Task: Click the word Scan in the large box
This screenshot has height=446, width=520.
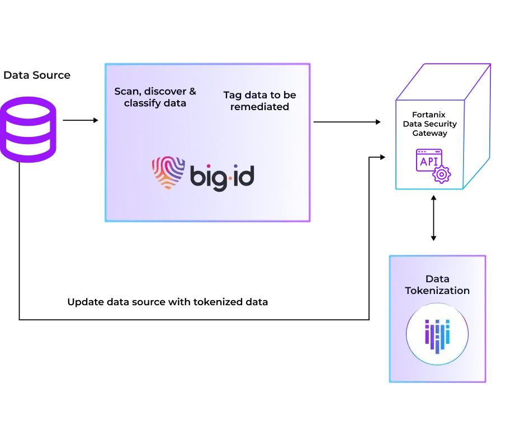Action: pyautogui.click(x=125, y=92)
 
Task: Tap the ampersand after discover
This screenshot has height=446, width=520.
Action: pyautogui.click(x=192, y=92)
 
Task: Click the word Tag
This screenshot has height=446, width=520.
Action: pyautogui.click(x=232, y=95)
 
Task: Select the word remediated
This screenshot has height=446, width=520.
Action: pyautogui.click(x=260, y=107)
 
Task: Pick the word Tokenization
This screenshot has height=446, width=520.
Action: pyautogui.click(x=437, y=291)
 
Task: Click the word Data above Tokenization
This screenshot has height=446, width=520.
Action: pyautogui.click(x=437, y=278)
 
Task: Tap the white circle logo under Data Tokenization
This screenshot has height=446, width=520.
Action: pyautogui.click(x=437, y=333)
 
